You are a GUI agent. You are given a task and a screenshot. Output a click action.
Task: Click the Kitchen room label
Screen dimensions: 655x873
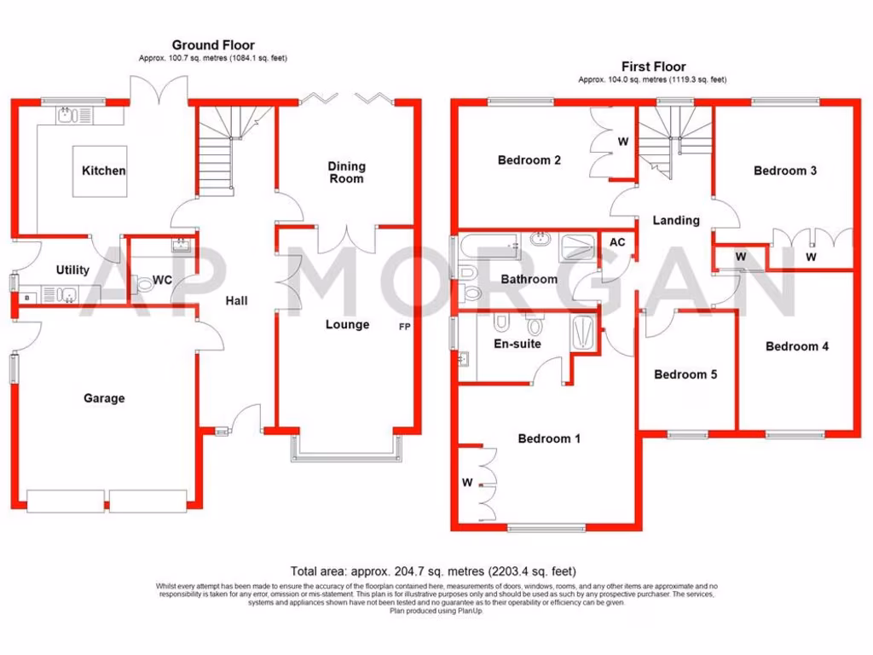(103, 171)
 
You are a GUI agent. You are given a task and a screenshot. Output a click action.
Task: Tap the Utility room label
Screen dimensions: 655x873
(72, 270)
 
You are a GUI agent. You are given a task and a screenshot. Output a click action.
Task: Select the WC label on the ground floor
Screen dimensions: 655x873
(162, 280)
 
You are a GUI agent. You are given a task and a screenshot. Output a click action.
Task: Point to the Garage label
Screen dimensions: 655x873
(104, 397)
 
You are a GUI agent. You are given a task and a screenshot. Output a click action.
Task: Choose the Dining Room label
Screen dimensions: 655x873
(346, 172)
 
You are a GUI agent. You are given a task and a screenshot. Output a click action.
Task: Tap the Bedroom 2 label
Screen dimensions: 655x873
(529, 159)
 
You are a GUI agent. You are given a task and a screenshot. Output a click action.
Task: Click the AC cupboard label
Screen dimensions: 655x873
(617, 242)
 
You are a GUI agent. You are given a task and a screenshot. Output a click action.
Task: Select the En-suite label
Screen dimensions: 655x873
(517, 344)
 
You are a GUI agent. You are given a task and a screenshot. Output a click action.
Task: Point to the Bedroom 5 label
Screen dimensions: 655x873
(685, 374)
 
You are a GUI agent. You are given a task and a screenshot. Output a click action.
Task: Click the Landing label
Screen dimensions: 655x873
(676, 220)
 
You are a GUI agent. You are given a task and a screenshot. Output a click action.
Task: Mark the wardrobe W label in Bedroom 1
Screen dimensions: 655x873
(467, 483)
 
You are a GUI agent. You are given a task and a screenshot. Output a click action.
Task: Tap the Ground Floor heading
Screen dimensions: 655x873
(213, 45)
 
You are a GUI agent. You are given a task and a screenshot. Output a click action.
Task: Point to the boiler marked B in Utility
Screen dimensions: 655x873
(28, 297)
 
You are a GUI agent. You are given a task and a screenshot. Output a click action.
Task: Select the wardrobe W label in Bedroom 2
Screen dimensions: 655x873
(622, 142)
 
